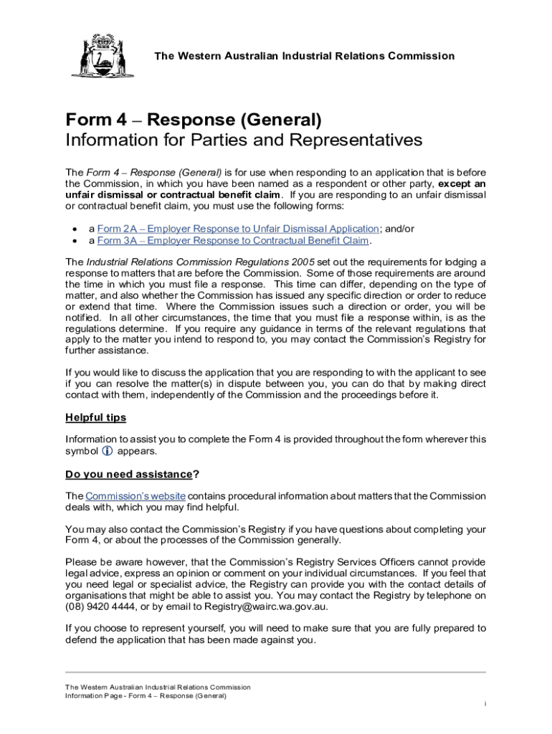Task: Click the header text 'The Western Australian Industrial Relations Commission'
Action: [305, 56]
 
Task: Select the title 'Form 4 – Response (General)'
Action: [194, 120]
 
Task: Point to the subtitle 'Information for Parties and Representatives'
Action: [244, 140]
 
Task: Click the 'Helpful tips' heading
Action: [95, 417]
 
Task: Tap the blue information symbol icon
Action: [108, 452]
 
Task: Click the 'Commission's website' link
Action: [135, 496]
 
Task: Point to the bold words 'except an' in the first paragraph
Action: [462, 184]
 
